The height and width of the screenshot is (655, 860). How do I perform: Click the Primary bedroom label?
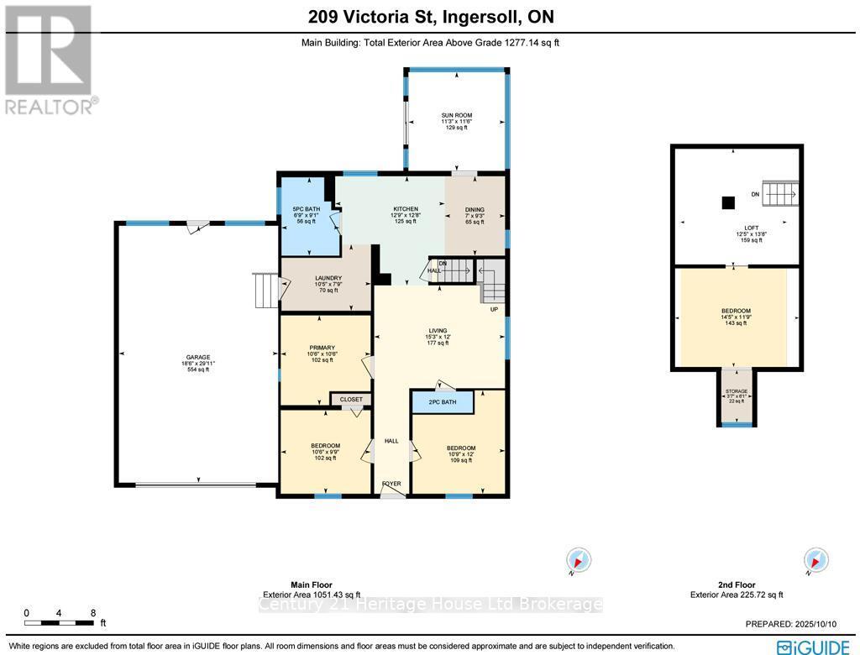tap(322, 348)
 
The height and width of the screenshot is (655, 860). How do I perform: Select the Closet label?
tap(351, 400)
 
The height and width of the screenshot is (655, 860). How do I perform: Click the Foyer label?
tap(391, 484)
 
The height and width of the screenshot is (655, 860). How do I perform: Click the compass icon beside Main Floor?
tap(579, 560)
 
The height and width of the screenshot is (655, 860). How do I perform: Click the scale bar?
tap(59, 622)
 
